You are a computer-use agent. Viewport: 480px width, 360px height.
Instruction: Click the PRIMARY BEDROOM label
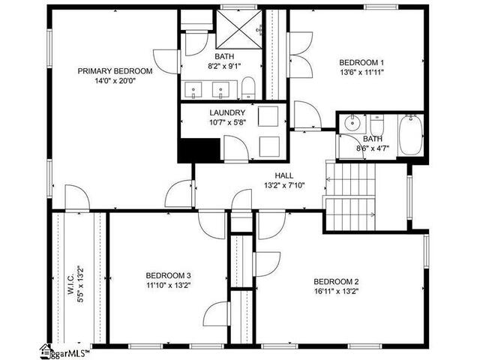point(115,71)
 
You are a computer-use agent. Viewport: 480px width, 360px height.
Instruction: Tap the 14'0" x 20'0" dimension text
point(115,81)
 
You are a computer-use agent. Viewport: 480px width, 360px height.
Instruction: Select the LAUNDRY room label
point(227,112)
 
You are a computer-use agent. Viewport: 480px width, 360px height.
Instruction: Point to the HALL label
point(284,175)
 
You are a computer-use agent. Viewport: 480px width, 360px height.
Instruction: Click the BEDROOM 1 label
point(361,62)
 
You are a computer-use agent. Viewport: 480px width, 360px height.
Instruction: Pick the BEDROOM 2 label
point(336,281)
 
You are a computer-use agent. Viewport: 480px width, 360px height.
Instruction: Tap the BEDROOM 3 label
point(168,275)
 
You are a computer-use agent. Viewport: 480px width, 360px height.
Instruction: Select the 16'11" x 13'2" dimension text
point(336,291)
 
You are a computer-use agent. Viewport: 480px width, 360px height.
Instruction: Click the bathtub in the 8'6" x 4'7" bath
point(411,135)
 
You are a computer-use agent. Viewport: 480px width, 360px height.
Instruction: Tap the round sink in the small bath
point(352,123)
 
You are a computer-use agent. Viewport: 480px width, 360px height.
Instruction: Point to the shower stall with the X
point(239,29)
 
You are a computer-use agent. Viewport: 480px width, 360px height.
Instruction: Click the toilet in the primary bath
point(248,88)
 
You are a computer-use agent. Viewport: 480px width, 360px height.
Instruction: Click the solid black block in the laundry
point(199,150)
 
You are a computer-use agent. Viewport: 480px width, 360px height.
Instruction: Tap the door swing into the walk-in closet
point(76,198)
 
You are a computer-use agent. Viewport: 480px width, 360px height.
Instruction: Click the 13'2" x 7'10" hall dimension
point(284,185)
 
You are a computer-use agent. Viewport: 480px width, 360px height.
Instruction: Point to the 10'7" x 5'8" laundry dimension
point(228,122)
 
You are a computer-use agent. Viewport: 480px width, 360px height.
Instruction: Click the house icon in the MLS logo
point(46,352)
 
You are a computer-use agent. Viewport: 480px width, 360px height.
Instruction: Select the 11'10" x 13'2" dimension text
point(168,285)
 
